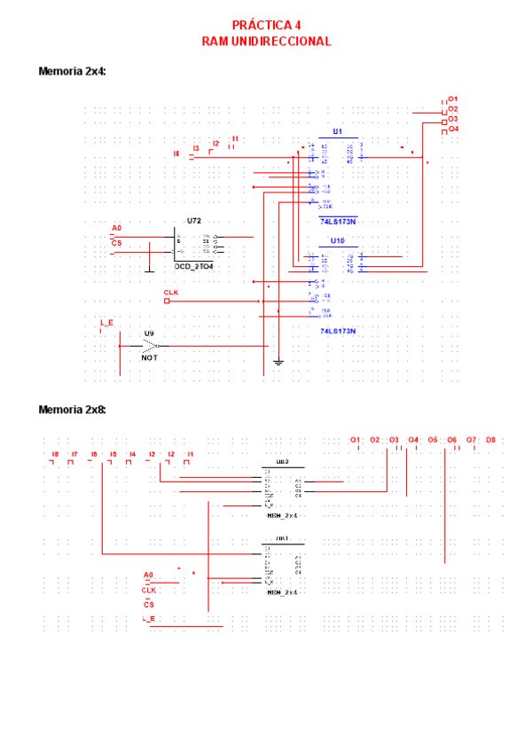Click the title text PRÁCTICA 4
coord(266,26)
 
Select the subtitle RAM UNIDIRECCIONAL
coord(266,41)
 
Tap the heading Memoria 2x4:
coord(72,71)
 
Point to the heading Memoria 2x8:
coord(72,410)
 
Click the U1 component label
coord(337,131)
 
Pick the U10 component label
coord(337,240)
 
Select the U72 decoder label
coord(193,220)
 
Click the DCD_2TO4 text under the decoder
coord(193,266)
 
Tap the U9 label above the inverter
coord(149,333)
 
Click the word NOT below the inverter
coord(149,357)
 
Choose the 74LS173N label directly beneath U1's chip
coord(337,222)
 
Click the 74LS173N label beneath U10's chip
coord(337,331)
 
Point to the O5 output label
coord(433,440)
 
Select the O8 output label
coord(490,440)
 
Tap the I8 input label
coord(55,455)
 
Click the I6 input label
coord(93,455)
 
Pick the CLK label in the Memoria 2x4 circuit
coord(171,292)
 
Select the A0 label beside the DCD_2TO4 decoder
coord(116,228)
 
